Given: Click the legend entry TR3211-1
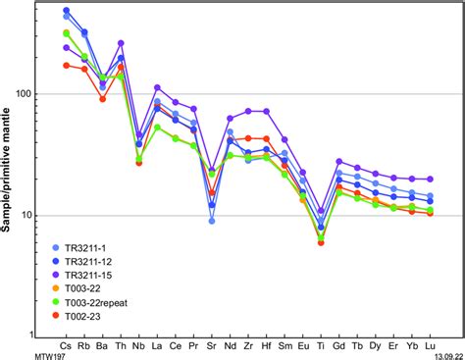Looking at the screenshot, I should coord(96,248).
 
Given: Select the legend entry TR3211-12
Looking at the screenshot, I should coord(98,262).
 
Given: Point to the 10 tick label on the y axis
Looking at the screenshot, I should coord(38,216).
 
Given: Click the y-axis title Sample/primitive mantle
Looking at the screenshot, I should coord(12,167).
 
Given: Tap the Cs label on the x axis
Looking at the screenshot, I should coord(66,346).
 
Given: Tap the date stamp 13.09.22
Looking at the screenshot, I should coord(442,354).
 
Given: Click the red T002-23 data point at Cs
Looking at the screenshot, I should coord(67,65).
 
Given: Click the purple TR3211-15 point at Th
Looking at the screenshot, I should coord(121,43).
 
